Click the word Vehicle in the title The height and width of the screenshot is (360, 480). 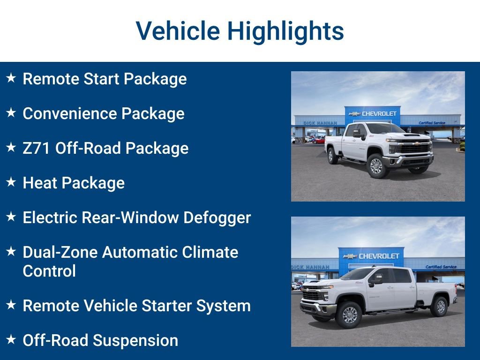point(178,31)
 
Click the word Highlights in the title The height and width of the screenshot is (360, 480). point(285,31)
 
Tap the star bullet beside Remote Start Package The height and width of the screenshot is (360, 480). point(11,78)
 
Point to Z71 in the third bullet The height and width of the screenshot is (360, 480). point(37,148)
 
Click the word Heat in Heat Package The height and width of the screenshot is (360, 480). point(40,183)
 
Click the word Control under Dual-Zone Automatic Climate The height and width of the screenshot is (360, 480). point(49,271)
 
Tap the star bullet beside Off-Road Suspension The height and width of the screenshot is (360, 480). point(11,339)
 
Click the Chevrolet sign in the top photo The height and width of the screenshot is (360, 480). point(373,113)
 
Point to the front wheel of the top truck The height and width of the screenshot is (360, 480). point(377,166)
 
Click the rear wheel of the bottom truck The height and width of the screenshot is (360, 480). point(440,307)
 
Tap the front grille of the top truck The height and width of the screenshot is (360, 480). point(415,148)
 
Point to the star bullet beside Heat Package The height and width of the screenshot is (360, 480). point(11,182)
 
